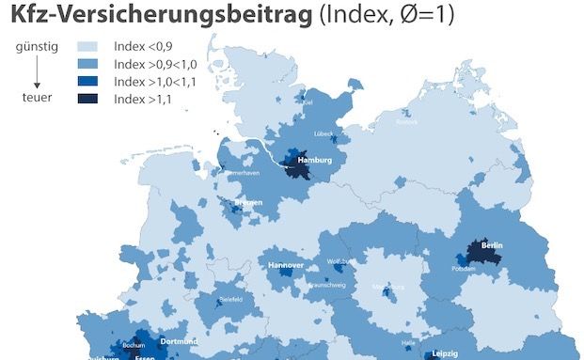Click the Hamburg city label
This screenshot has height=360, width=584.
coord(315,161)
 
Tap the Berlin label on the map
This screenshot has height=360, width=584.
coord(491,245)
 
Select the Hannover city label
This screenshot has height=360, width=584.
coord(286,266)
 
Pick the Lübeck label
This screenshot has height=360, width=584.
coord(324,135)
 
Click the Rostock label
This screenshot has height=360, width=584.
coord(406,121)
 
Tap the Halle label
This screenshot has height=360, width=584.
coord(406,345)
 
